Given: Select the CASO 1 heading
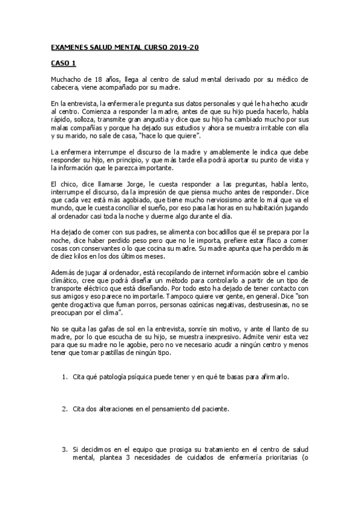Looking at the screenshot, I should pos(63,63).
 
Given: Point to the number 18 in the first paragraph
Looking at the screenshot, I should pos(96,79).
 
